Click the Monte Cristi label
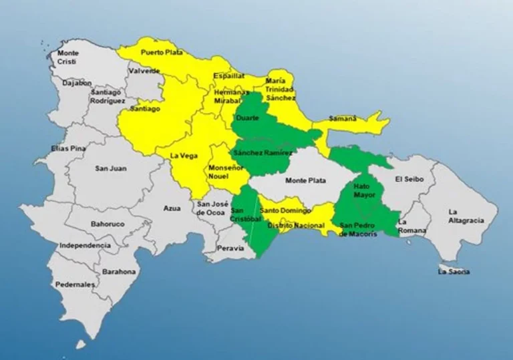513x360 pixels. (x=67, y=57)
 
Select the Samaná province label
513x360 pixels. (x=343, y=119)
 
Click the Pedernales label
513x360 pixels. (x=75, y=284)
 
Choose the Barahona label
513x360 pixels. (x=119, y=272)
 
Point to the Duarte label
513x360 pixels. (x=248, y=118)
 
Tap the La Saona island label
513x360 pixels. (x=454, y=272)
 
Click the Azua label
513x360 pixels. (x=172, y=208)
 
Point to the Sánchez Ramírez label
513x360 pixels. (x=263, y=152)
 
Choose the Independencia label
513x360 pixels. (x=84, y=245)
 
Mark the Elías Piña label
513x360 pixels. (x=68, y=148)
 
